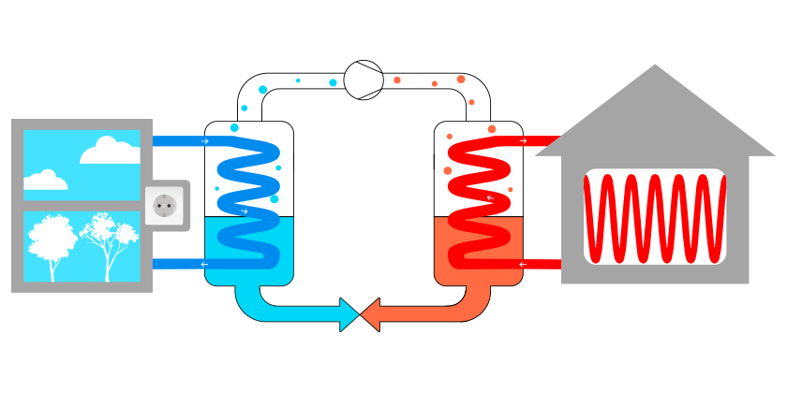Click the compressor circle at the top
[x=364, y=80]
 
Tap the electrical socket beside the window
[x=166, y=205]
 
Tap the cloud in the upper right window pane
[x=111, y=150]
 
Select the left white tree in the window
[x=52, y=243]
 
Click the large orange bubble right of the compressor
[x=460, y=80]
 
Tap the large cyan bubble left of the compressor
[x=262, y=90]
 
